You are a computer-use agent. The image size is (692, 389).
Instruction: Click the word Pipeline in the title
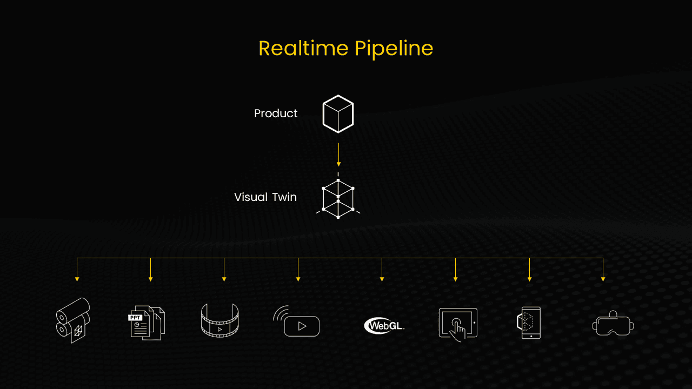coord(394,49)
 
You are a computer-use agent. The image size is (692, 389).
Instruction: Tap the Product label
coord(276,113)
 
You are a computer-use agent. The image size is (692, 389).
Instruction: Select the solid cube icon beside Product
coord(338,113)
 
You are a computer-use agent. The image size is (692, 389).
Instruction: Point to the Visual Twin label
coord(265,197)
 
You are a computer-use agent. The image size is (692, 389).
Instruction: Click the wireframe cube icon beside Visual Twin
coord(338,198)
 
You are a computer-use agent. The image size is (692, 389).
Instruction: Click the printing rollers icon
coord(73,320)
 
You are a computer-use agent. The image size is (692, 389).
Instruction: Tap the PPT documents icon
coord(147,323)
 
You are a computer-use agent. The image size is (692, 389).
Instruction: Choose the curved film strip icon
coord(219,321)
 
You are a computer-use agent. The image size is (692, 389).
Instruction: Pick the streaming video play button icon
coord(297,322)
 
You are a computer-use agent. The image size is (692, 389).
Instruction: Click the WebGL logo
coord(384,325)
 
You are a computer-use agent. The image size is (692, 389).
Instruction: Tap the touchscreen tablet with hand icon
coord(458,323)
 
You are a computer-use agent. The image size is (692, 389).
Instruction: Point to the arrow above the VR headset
coord(603,270)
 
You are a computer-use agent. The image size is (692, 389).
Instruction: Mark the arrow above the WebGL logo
coord(382,270)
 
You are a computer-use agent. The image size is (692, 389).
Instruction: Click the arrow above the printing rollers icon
coord(77,270)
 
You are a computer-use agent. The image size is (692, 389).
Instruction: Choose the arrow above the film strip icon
coord(224,270)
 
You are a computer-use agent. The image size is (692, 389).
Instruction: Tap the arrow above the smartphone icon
coord(529,270)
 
